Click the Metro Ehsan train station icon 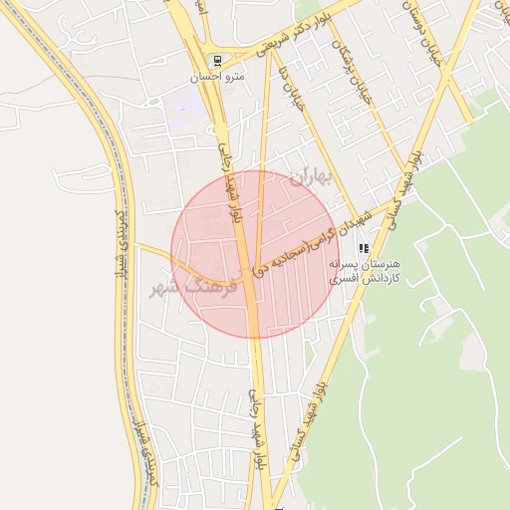coord(217,59)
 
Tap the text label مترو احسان coord(217,75)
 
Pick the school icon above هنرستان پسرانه coord(365,247)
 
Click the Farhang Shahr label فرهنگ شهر coord(193,285)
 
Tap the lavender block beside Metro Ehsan coord(182,102)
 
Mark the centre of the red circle coord(254,254)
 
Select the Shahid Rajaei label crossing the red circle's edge coord(231,179)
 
